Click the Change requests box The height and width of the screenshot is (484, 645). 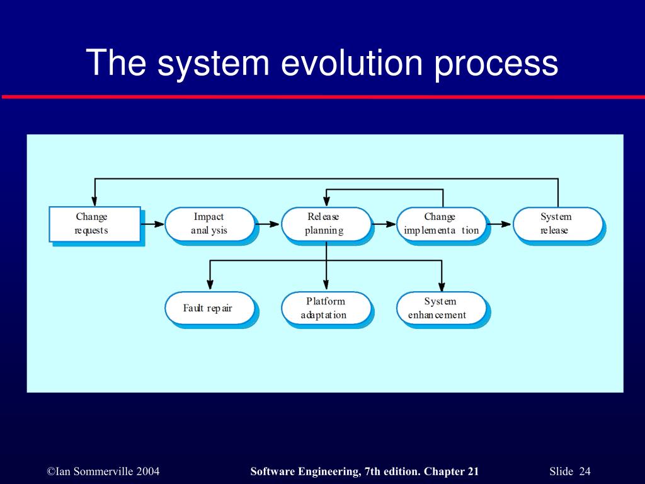94,224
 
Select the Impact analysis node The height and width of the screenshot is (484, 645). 210,224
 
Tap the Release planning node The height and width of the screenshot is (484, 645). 326,224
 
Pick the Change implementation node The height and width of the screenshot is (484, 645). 442,224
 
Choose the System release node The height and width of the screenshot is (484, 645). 557,224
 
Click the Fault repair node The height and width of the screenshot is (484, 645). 210,308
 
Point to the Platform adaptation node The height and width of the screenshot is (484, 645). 326,308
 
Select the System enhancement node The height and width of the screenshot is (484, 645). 442,308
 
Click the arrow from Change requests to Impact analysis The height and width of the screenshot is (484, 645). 152,224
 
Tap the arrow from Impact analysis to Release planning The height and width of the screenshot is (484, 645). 268,224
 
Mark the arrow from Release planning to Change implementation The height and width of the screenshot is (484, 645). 384,224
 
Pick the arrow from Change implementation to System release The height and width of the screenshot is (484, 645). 499,224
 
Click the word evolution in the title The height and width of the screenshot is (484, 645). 351,63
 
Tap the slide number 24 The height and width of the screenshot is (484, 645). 585,472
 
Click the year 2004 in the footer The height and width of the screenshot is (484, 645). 146,472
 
